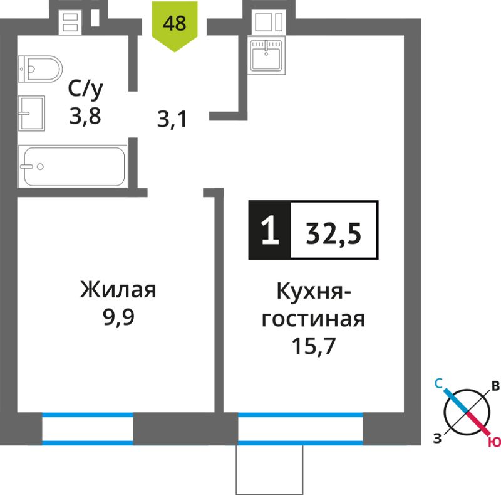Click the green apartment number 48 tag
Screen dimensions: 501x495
pyautogui.click(x=175, y=26)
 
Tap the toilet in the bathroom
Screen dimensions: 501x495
pyautogui.click(x=40, y=69)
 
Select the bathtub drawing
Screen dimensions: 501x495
pyautogui.click(x=73, y=166)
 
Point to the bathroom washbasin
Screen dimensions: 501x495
pyautogui.click(x=31, y=113)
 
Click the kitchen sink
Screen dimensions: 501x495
pyautogui.click(x=266, y=55)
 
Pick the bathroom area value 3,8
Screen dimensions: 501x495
pyautogui.click(x=85, y=116)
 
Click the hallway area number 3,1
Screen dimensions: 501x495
pyautogui.click(x=172, y=119)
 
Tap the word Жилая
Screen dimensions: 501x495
pyautogui.click(x=118, y=290)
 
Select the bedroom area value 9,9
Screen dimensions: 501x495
pyautogui.click(x=118, y=317)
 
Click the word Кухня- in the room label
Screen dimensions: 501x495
pyautogui.click(x=314, y=291)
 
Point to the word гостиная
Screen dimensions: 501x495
pyautogui.click(x=313, y=319)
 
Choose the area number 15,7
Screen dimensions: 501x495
pyautogui.click(x=314, y=346)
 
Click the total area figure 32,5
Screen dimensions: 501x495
pyautogui.click(x=334, y=233)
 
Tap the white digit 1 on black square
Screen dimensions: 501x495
pyautogui.click(x=270, y=230)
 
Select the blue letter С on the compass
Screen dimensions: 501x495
pyautogui.click(x=438, y=383)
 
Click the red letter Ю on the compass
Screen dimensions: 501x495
pyautogui.click(x=494, y=442)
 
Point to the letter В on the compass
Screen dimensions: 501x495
pyautogui.click(x=495, y=386)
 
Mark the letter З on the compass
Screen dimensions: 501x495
pyautogui.click(x=437, y=438)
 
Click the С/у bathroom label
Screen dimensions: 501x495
pyautogui.click(x=85, y=89)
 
